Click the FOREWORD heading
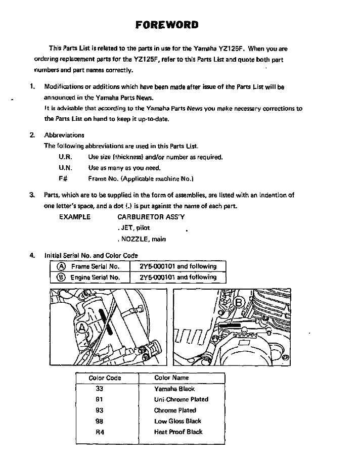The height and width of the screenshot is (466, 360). click(x=167, y=25)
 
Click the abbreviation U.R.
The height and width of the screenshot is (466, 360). click(x=65, y=157)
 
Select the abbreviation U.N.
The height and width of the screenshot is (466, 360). click(x=65, y=168)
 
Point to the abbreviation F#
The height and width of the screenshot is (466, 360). click(x=63, y=178)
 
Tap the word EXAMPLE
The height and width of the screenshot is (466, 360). click(x=75, y=217)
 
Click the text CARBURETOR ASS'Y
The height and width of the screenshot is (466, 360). click(x=151, y=217)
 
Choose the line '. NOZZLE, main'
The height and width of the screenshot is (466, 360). click(x=141, y=239)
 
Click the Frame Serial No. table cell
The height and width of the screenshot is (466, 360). click(x=89, y=266)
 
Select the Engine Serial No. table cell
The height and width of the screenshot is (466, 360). click(x=89, y=277)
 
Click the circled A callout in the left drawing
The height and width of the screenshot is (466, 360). click(x=80, y=329)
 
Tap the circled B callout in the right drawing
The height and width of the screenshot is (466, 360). click(x=239, y=303)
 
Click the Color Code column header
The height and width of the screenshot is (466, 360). click(x=105, y=378)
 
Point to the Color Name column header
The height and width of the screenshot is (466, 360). click(x=171, y=378)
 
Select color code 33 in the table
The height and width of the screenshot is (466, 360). click(x=99, y=389)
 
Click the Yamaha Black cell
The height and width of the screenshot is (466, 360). click(x=174, y=389)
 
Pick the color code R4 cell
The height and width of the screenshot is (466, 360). click(x=99, y=432)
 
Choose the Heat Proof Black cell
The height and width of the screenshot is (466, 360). click(x=178, y=432)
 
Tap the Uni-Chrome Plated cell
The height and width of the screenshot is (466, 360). click(x=181, y=400)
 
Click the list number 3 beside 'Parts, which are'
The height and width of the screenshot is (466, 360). click(x=32, y=195)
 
